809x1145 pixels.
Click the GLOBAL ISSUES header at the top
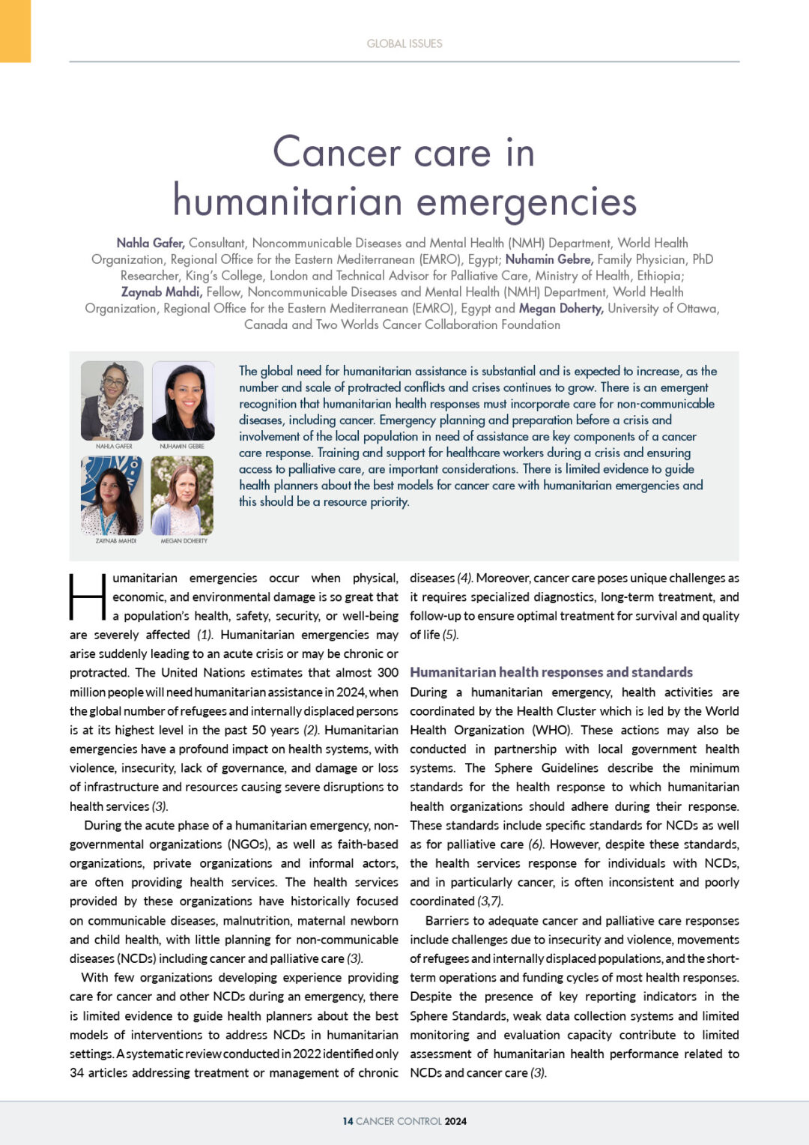[x=404, y=43]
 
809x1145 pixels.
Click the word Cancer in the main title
[x=337, y=152]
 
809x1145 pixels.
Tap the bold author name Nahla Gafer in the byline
[x=151, y=243]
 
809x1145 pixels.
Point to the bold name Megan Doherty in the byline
[x=561, y=308]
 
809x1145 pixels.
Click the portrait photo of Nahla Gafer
[x=112, y=401]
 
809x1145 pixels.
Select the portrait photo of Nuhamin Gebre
[x=183, y=401]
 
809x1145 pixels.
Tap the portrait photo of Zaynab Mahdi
[x=112, y=495]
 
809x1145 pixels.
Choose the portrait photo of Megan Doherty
[x=183, y=495]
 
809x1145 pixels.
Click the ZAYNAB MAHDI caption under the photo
[x=116, y=540]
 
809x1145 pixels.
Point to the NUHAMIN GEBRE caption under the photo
[x=182, y=446]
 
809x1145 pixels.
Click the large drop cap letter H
[x=88, y=597]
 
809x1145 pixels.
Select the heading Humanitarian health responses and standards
[x=551, y=672]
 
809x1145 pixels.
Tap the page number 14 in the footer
[x=348, y=1121]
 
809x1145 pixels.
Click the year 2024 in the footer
[x=455, y=1121]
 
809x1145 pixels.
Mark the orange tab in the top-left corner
[x=15, y=31]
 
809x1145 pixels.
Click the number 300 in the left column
[x=387, y=673]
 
